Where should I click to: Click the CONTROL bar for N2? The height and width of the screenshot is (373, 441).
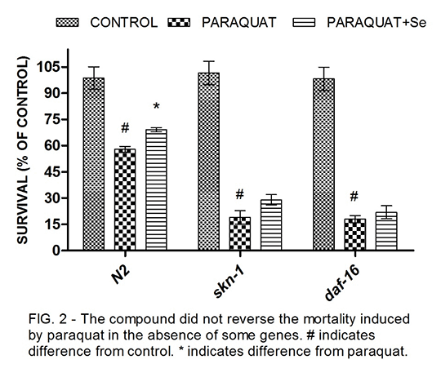coord(94,164)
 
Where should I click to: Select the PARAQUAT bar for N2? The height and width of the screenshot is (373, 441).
coord(125,200)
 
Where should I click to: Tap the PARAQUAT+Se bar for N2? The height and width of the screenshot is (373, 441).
coord(156,189)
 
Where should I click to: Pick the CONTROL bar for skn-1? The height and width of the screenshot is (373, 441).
coord(209,162)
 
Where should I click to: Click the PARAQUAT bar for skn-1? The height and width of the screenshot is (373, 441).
coord(240,233)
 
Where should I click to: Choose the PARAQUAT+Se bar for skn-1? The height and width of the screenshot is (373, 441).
coord(271,225)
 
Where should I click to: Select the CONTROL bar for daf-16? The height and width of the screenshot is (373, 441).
coord(323,164)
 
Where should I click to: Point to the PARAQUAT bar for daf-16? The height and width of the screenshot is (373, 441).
coord(355,234)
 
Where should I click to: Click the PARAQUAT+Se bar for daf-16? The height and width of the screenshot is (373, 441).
coord(386,231)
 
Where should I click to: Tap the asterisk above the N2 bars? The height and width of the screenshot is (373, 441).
coord(156,107)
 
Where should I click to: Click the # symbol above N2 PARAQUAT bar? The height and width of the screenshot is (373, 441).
coord(125,128)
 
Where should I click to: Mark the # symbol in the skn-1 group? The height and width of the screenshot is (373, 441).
coord(239,194)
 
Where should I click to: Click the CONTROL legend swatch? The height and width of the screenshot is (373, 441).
coord(68,23)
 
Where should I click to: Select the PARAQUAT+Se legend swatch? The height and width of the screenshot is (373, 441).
coord(304,23)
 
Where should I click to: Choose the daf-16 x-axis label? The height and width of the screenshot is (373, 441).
coord(342,283)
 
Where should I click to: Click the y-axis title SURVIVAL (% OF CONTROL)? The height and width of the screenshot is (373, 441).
coord(23,150)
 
